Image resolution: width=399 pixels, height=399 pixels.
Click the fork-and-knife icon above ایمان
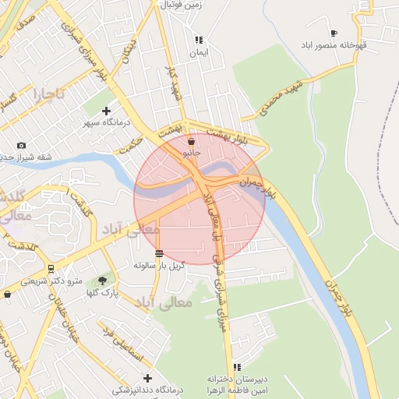tap(199, 40)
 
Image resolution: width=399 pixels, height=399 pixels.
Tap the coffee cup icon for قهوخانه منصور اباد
tap(334, 33)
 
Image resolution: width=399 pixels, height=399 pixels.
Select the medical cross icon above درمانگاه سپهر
tap(107, 111)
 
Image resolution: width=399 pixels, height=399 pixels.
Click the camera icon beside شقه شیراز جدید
tap(21, 145)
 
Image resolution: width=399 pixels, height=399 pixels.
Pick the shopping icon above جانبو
tap(192, 141)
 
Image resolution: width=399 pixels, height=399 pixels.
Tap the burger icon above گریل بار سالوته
tap(159, 253)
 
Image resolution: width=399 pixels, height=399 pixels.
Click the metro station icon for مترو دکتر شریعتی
tap(51, 268)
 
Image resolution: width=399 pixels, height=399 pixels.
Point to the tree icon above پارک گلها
tap(103, 280)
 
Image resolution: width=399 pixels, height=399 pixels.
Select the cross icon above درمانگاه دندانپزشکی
tap(147, 378)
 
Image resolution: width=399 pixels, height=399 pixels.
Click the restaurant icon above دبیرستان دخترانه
tap(237, 367)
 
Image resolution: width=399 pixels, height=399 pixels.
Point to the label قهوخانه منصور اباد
tap(340, 44)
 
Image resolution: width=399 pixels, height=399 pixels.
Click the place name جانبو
tap(192, 154)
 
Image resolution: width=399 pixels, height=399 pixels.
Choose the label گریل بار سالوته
tap(159, 265)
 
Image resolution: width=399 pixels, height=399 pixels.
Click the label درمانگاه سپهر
tap(108, 123)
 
